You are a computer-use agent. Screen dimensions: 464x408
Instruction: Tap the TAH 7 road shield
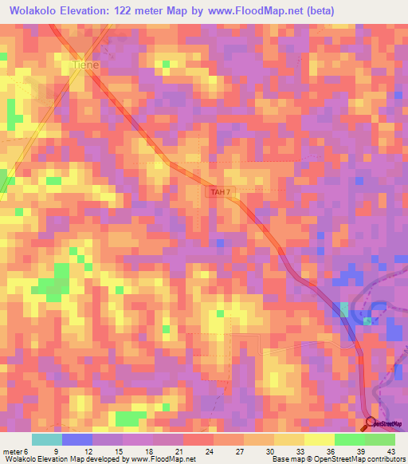221,192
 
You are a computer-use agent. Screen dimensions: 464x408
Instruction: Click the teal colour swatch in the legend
46,439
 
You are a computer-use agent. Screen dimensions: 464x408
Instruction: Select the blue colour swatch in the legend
76,439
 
